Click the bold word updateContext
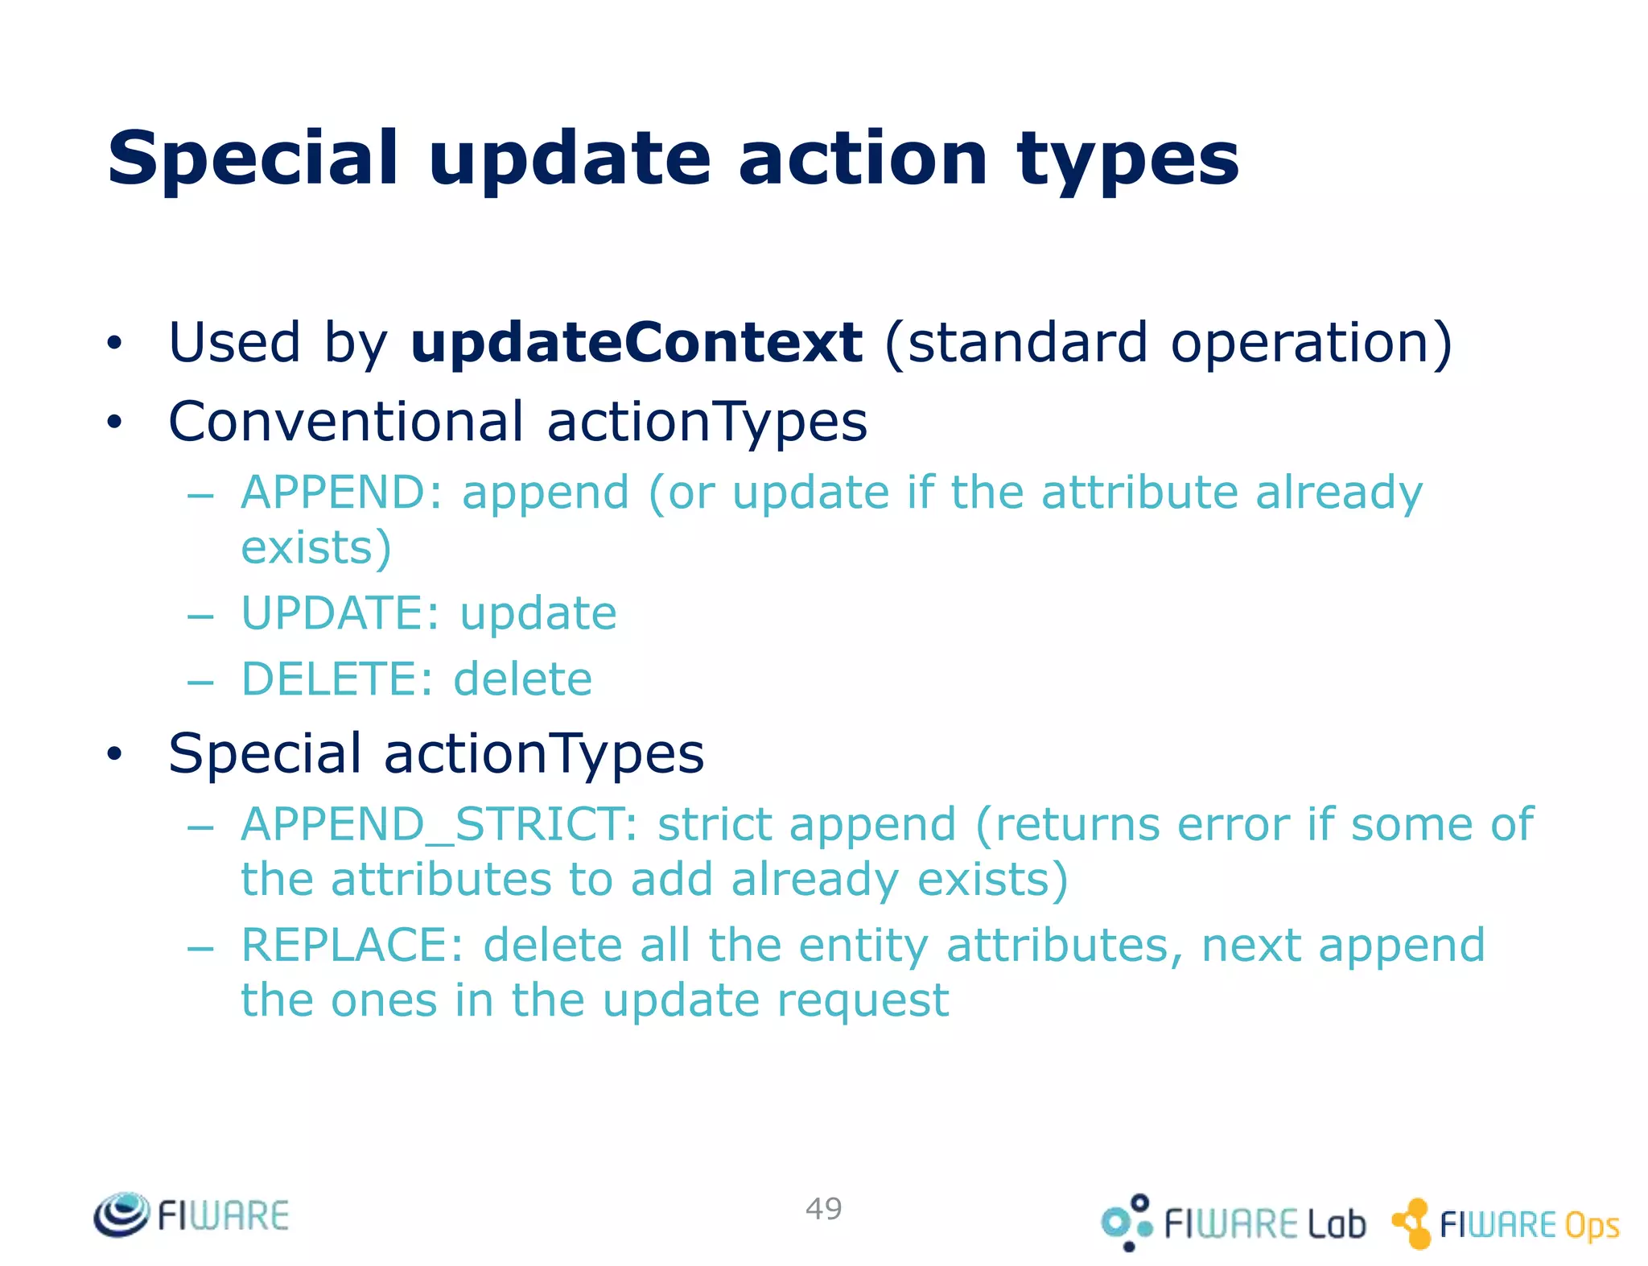tap(636, 343)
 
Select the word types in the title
tap(1127, 159)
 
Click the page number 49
tap(823, 1208)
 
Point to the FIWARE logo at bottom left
tap(192, 1214)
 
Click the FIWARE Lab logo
tap(1234, 1223)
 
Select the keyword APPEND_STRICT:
tap(439, 824)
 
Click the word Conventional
tap(346, 422)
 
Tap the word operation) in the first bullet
tap(1311, 343)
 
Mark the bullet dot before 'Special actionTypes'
tap(115, 753)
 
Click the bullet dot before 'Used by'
tap(115, 343)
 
